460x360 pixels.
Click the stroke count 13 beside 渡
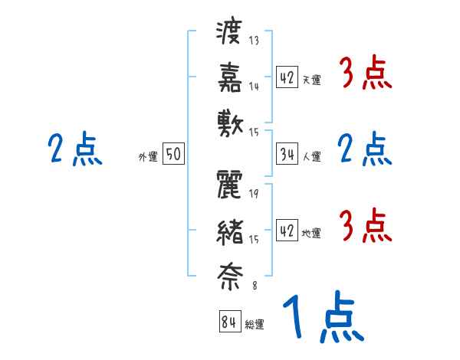[x=254, y=41]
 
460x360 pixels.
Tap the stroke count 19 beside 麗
[x=254, y=193]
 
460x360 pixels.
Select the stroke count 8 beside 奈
[x=254, y=287]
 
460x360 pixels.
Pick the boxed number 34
[x=286, y=153]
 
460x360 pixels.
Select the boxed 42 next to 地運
[x=286, y=231]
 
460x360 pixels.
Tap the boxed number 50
[x=172, y=154]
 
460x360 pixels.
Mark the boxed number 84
[x=228, y=321]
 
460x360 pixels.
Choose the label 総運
[x=254, y=325]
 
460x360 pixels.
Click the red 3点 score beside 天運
[x=364, y=75]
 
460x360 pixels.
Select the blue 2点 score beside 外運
[x=74, y=150]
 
